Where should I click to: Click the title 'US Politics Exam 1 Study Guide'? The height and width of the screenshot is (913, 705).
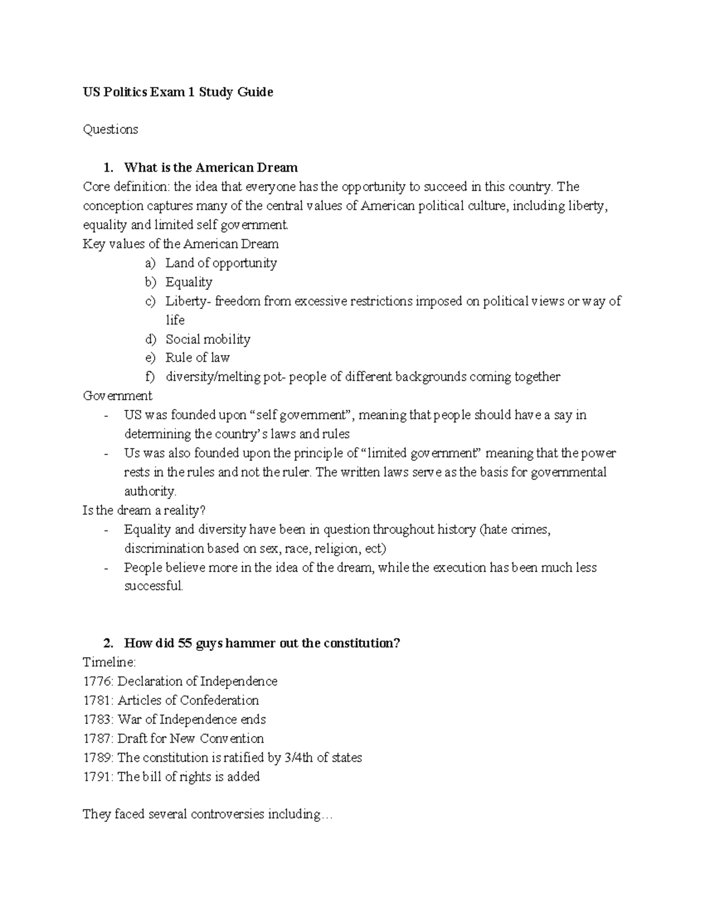pos(177,92)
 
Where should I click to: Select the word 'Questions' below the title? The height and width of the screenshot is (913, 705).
pos(110,129)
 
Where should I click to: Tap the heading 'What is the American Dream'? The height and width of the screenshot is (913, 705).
pos(210,168)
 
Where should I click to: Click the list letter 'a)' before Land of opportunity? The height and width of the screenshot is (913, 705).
pos(151,263)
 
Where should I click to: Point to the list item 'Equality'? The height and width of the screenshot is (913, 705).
pos(189,282)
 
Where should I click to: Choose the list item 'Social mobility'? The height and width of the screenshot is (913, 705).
pos(208,339)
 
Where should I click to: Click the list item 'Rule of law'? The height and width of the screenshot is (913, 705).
pos(197,357)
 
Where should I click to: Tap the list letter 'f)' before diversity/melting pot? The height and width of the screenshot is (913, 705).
pos(151,377)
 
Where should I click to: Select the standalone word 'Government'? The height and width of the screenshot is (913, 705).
pos(117,396)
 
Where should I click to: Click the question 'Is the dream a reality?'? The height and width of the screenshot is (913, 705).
pos(144,510)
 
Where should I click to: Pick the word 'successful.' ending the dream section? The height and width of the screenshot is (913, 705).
pos(154,586)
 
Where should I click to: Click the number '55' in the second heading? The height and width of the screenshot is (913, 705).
pos(184,643)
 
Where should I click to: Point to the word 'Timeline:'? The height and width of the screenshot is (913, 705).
pos(109,663)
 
